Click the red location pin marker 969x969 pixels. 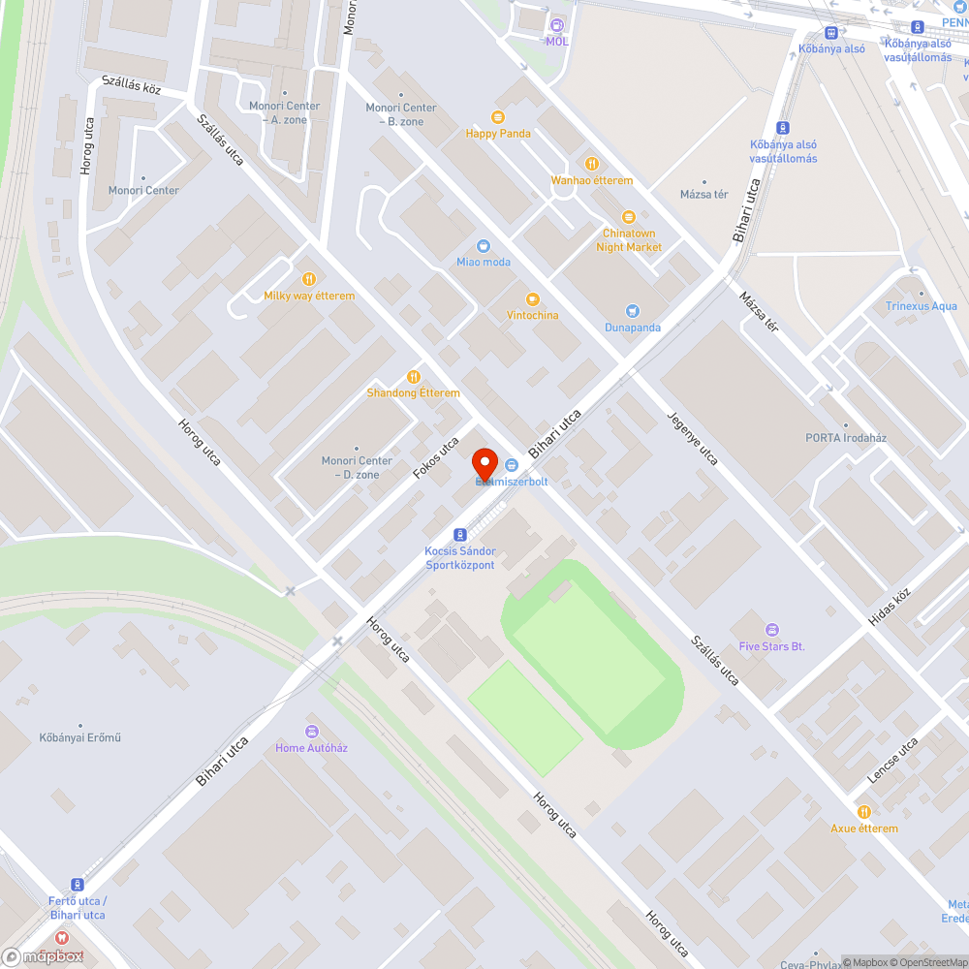(484, 464)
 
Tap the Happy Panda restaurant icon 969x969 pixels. (498, 117)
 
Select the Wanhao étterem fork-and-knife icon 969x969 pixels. (591, 164)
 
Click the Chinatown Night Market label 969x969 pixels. (629, 240)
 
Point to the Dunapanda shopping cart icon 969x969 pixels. (633, 311)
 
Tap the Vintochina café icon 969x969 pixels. (531, 299)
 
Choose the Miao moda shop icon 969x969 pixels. (484, 246)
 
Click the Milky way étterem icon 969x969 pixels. (309, 279)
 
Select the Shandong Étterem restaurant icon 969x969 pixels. (414, 377)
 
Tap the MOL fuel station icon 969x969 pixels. (556, 25)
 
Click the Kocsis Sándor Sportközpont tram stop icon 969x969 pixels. (459, 535)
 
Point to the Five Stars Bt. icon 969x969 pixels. (771, 630)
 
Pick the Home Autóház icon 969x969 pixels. (311, 732)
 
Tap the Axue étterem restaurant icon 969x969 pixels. (863, 812)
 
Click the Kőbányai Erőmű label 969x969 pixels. (80, 737)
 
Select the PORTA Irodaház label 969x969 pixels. (846, 437)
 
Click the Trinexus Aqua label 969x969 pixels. (921, 306)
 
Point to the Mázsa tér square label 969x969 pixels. (704, 195)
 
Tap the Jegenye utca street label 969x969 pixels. (692, 438)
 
